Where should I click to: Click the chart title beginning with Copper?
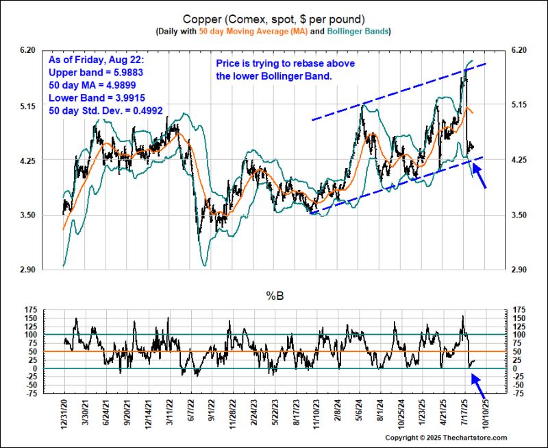coord(273,18)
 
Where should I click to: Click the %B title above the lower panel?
coord(274,296)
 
